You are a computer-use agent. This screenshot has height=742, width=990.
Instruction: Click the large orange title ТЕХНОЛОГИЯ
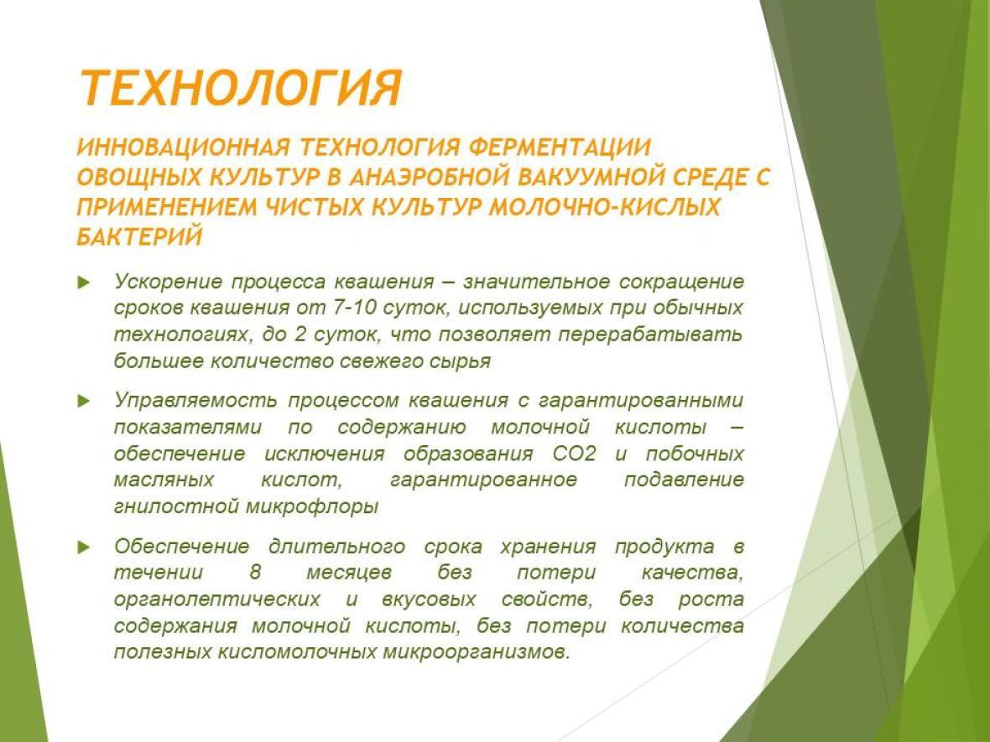point(241,87)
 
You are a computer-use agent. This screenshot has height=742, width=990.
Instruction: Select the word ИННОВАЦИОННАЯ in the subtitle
point(183,147)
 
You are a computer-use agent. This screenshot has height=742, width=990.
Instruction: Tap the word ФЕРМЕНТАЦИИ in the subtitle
point(560,147)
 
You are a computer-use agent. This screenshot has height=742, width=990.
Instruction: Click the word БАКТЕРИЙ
point(139,236)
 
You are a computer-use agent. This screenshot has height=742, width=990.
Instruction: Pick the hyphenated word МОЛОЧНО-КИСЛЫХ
point(605,207)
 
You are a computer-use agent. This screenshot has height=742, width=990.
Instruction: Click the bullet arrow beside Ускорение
point(84,282)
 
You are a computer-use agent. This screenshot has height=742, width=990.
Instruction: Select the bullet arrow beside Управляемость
point(84,402)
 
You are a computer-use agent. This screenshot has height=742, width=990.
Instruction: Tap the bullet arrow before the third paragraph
point(84,547)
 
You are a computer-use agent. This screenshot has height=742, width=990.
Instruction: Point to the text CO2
point(574,454)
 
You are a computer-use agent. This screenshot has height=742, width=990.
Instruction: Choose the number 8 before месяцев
point(255,573)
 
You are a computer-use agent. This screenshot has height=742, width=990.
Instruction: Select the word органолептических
point(217,599)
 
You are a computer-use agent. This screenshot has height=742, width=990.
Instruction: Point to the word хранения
point(548,547)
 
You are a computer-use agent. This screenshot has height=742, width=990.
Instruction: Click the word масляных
point(164,480)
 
